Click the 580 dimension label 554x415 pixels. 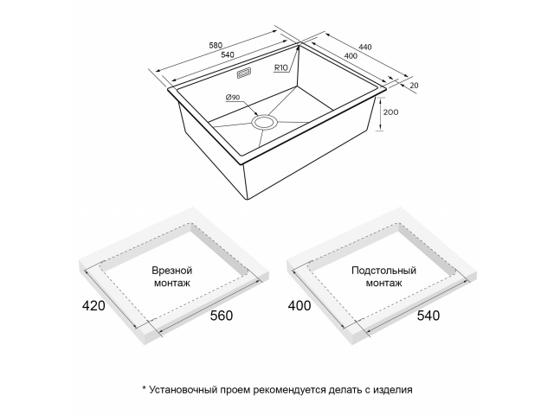click(216, 45)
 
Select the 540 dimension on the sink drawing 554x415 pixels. click(228, 54)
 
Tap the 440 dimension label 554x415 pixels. click(365, 47)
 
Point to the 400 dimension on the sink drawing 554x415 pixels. click(351, 55)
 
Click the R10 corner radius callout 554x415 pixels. click(281, 67)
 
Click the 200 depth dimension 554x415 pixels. click(390, 112)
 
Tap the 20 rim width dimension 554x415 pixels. click(414, 86)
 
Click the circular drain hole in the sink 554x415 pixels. click(264, 122)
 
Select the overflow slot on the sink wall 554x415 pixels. click(244, 73)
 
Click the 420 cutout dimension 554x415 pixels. click(93, 305)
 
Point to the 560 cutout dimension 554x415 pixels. click(222, 316)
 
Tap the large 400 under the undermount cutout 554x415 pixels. click(300, 305)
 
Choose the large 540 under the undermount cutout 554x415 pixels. click(428, 316)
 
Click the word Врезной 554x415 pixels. click(172, 271)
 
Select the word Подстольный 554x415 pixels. click(383, 271)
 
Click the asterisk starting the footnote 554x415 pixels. click(145, 388)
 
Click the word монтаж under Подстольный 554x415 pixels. click(383, 283)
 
